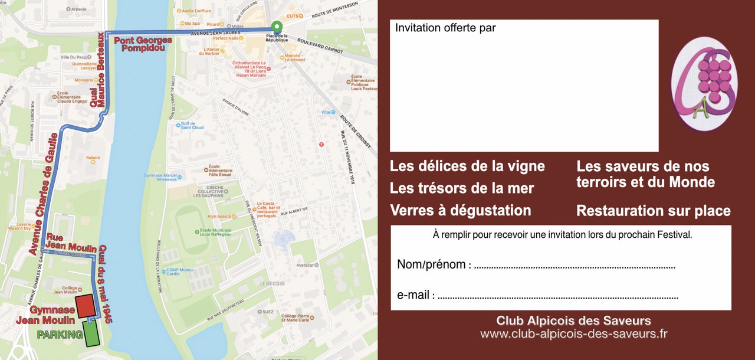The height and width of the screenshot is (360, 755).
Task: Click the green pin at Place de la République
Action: (x=277, y=27)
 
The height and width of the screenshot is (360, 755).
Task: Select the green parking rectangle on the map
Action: (x=91, y=335)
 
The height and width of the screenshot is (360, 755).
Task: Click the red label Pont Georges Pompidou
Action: (x=143, y=44)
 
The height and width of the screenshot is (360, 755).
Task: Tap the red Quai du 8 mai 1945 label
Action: (x=104, y=284)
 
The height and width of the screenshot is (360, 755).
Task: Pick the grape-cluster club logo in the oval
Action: (x=704, y=84)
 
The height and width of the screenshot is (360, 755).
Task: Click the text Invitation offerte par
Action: (x=445, y=28)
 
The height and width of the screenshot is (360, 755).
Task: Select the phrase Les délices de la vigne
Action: (x=467, y=166)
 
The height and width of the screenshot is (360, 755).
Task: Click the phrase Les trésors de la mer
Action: (x=462, y=188)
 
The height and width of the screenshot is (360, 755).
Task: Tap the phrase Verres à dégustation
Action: (x=460, y=211)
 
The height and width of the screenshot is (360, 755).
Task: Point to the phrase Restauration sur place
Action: (x=653, y=211)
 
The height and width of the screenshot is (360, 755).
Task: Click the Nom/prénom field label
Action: (x=434, y=264)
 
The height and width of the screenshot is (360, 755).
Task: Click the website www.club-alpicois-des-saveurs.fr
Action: (x=573, y=334)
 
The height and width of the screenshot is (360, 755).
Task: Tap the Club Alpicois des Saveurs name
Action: (x=573, y=321)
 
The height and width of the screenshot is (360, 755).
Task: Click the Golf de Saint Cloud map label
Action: (x=192, y=125)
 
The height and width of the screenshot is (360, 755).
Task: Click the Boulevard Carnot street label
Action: (x=321, y=46)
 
